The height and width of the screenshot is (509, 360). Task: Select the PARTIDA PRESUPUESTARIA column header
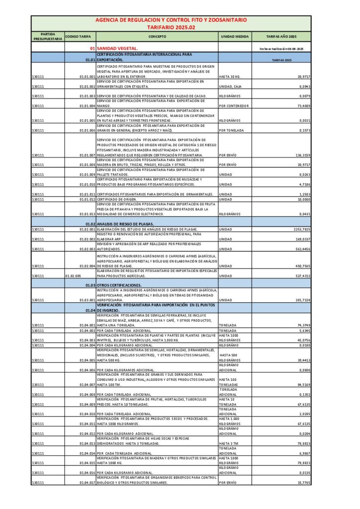(48, 36)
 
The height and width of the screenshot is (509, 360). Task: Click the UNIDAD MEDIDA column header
(235, 36)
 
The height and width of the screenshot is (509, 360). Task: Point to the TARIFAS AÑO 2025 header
(281, 36)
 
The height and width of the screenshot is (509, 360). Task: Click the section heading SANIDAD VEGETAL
(114, 48)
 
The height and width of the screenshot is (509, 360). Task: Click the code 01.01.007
(87, 155)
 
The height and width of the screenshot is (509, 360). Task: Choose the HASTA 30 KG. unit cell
(229, 77)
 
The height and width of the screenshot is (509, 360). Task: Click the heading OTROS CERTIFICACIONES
(119, 285)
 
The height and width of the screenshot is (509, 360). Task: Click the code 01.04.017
(87, 482)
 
